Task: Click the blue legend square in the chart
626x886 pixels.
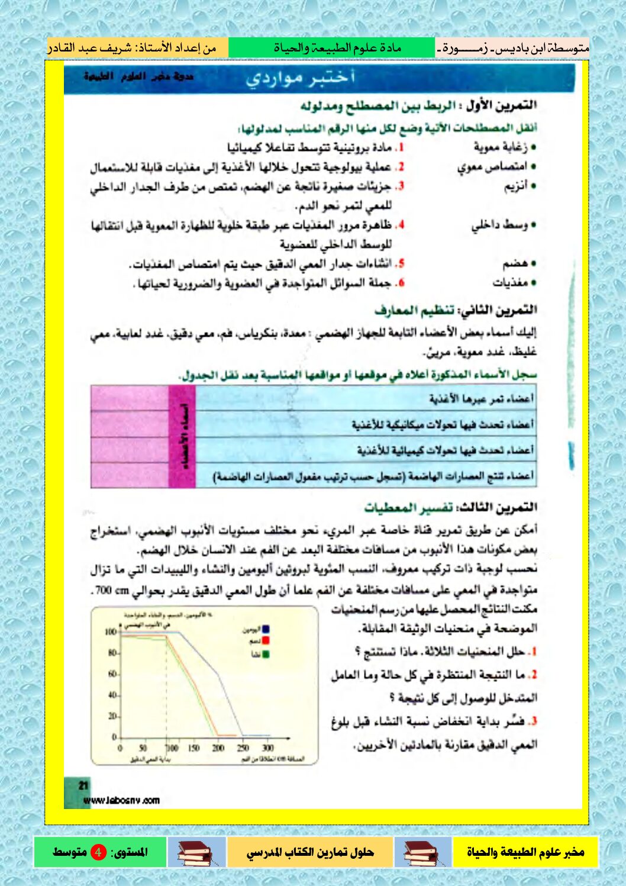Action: click(x=266, y=629)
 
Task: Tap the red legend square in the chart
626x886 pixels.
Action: click(x=266, y=641)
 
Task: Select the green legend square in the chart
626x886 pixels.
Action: click(x=266, y=654)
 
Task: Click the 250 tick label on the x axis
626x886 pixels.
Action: click(x=243, y=748)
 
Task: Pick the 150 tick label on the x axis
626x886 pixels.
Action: click(x=193, y=748)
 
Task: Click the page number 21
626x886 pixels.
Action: click(x=83, y=785)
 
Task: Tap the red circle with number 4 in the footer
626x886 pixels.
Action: click(x=98, y=852)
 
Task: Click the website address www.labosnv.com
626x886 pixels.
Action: click(x=121, y=801)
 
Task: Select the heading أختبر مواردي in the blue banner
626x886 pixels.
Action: click(x=301, y=78)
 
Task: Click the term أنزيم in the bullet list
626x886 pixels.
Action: click(x=515, y=186)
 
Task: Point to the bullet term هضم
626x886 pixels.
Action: click(x=515, y=263)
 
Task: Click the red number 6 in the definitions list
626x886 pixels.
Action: click(x=400, y=283)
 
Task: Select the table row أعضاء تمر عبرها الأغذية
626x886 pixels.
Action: click(x=480, y=398)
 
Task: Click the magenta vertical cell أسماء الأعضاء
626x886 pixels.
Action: click(x=182, y=437)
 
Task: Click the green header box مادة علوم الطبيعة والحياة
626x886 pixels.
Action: click(x=332, y=47)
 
